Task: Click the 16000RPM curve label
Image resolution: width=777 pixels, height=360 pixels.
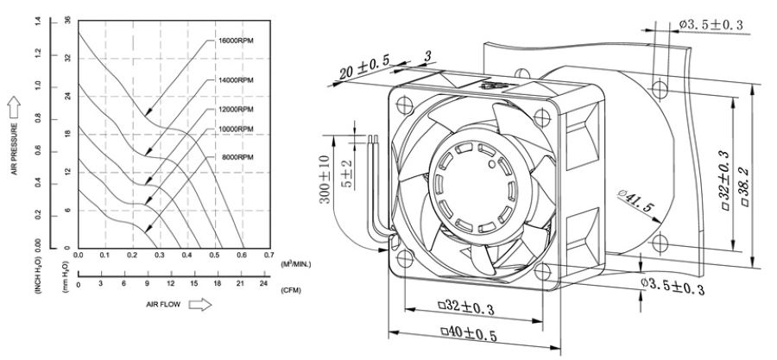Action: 234,41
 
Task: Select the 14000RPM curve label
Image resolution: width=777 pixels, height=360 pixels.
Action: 234,80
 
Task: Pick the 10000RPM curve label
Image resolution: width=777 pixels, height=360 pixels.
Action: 234,129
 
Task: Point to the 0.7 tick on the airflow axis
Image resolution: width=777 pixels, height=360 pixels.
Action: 269,256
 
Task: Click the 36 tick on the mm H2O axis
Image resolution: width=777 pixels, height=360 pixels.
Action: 66,20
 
